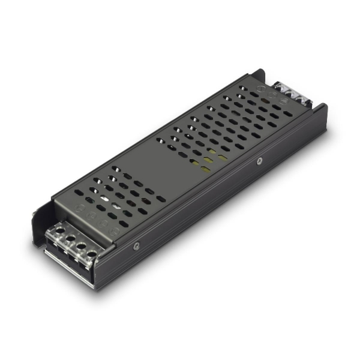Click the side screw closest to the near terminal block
[137, 245]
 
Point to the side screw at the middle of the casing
[259, 161]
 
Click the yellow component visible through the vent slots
[209, 157]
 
